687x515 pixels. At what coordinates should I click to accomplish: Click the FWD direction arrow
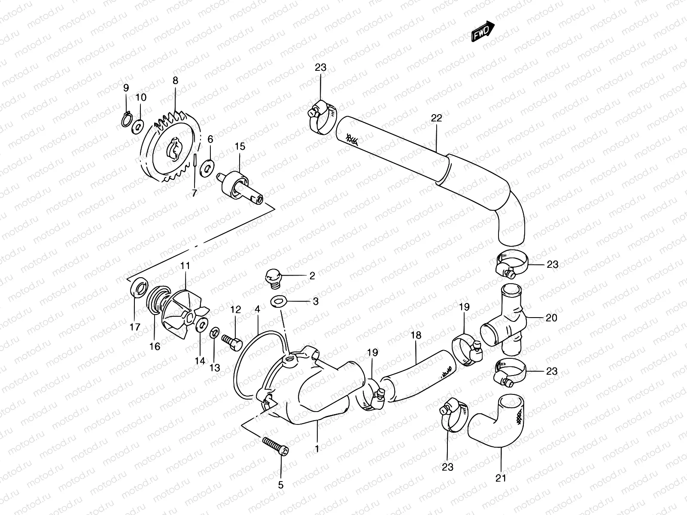point(483,33)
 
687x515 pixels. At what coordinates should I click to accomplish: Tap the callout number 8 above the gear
point(175,80)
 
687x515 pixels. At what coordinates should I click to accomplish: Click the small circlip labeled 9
point(125,120)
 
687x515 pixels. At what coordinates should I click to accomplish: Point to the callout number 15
point(240,147)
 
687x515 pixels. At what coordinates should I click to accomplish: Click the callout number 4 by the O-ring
point(257,309)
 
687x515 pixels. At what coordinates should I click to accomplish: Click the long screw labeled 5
point(275,446)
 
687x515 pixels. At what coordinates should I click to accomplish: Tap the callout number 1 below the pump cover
point(317,449)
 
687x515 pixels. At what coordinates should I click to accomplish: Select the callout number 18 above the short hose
point(416,336)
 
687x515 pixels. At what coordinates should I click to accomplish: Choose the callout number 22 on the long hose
point(436,118)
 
